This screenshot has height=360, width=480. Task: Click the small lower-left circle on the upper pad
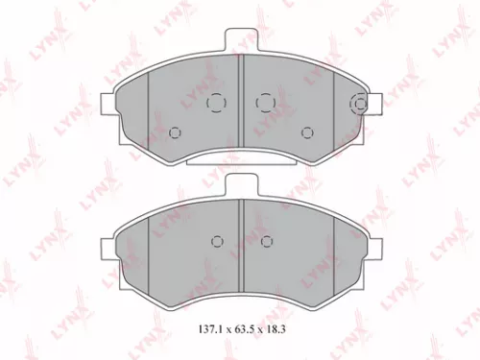174,132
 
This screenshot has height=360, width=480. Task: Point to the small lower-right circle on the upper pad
306,132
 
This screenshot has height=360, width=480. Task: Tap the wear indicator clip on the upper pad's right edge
359,104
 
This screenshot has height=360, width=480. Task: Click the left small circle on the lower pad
217,240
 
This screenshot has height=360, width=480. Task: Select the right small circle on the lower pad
263,240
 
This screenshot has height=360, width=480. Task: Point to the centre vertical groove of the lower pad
240,245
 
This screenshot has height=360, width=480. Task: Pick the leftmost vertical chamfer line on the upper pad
150,110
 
